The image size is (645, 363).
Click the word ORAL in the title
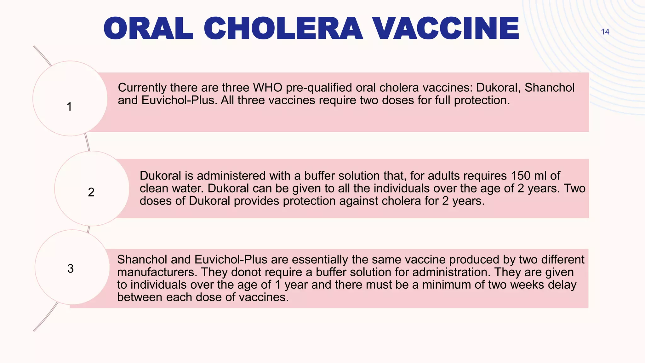click(148, 29)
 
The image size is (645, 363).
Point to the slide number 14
click(605, 32)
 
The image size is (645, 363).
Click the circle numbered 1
click(70, 99)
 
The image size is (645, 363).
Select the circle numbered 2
click(92, 188)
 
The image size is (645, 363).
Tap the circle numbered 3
click(72, 267)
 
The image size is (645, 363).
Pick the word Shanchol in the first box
click(549, 88)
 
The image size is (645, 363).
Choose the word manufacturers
click(157, 272)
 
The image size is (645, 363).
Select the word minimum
click(447, 285)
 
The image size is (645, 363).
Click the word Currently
click(142, 88)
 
